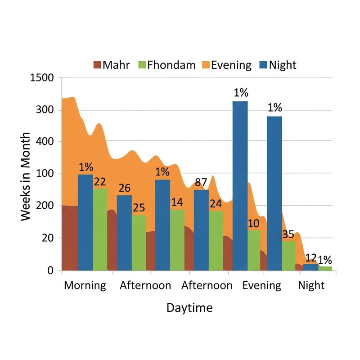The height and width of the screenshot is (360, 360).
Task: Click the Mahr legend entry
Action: coord(112,65)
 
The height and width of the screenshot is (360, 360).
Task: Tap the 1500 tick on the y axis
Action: coord(42,78)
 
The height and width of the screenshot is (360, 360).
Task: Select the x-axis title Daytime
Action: coord(189,308)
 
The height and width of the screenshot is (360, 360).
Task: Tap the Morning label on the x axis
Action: coord(85,285)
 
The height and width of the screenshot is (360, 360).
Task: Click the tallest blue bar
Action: coord(240,186)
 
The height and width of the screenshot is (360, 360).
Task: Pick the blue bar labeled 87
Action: coord(201,230)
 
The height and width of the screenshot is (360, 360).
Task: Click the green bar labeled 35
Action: coord(288,256)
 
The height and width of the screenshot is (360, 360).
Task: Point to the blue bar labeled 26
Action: coord(124,233)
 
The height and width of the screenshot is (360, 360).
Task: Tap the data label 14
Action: coord(177,202)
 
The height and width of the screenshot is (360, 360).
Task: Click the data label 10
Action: coord(254,223)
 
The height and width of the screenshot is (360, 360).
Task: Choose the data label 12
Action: coord(310,258)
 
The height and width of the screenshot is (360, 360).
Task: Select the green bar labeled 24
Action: coord(216,240)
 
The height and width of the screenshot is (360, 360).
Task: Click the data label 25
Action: coord(139,208)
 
